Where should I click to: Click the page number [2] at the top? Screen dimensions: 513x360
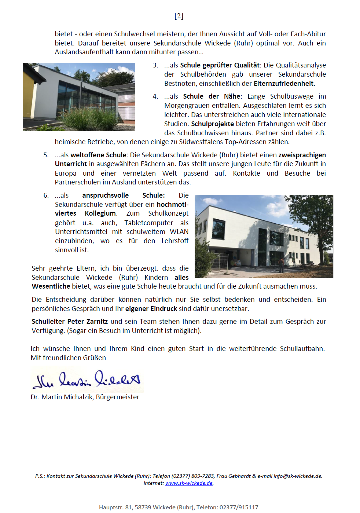pos(179,16)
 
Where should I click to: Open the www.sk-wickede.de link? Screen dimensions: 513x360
pos(189,483)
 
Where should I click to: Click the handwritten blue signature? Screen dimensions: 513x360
pos(87,380)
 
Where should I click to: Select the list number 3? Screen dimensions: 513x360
pos(155,65)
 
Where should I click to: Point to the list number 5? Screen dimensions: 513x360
pos(46,155)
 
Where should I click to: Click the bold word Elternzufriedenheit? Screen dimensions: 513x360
pos(284,83)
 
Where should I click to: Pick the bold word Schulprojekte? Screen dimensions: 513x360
pos(212,124)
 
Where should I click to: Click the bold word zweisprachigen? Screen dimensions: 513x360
pos(302,155)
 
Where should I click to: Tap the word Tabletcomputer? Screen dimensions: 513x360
pos(148,223)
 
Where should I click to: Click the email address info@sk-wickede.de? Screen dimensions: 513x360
pos(297,476)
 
